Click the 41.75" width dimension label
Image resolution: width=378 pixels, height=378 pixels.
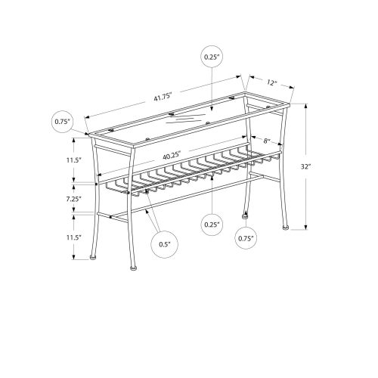[163, 98]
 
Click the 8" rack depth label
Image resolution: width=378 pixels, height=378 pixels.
[267, 140]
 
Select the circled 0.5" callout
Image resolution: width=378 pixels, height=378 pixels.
[165, 243]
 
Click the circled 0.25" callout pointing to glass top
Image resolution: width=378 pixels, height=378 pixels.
[211, 57]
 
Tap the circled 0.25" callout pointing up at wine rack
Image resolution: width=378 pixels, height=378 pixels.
[211, 224]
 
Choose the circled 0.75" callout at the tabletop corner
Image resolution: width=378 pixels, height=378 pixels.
[62, 121]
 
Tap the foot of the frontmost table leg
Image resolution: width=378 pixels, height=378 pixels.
[133, 267]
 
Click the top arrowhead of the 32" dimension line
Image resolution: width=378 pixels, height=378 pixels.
[306, 107]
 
